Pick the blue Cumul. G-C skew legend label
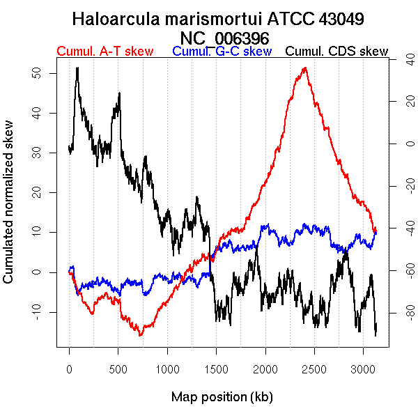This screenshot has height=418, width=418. pyautogui.click(x=222, y=52)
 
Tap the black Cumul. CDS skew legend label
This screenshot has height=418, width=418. pyautogui.click(x=337, y=52)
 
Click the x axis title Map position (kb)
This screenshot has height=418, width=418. pyautogui.click(x=222, y=397)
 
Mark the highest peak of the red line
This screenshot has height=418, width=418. pyautogui.click(x=305, y=68)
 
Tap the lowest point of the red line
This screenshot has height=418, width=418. pyautogui.click(x=141, y=335)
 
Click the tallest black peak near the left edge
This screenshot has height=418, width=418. pyautogui.click(x=77, y=68)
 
